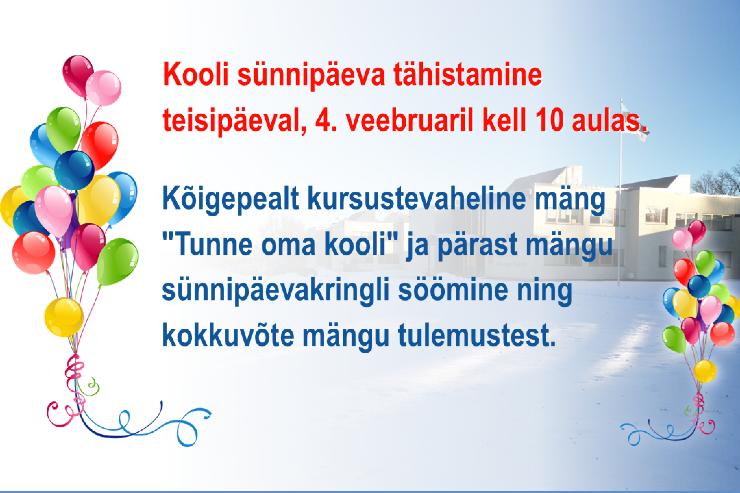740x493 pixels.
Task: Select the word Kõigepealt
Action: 230,200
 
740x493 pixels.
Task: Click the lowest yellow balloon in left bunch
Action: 64,317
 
